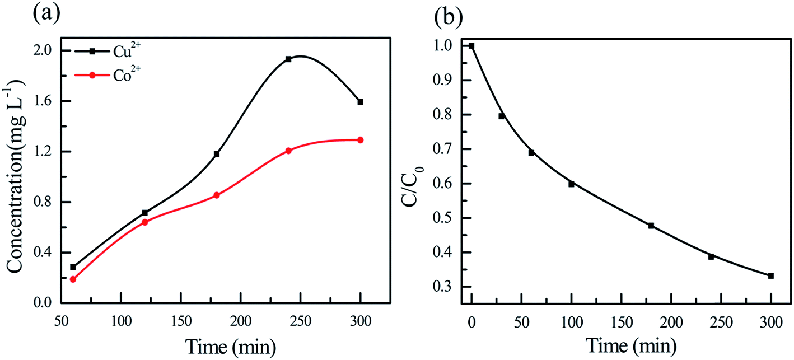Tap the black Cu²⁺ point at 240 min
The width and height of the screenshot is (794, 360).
click(288, 59)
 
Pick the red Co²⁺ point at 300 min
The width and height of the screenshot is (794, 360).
click(360, 140)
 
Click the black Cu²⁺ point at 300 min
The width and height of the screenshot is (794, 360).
click(360, 102)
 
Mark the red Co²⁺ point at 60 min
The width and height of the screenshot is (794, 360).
click(73, 279)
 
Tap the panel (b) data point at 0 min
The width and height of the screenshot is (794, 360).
click(471, 46)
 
